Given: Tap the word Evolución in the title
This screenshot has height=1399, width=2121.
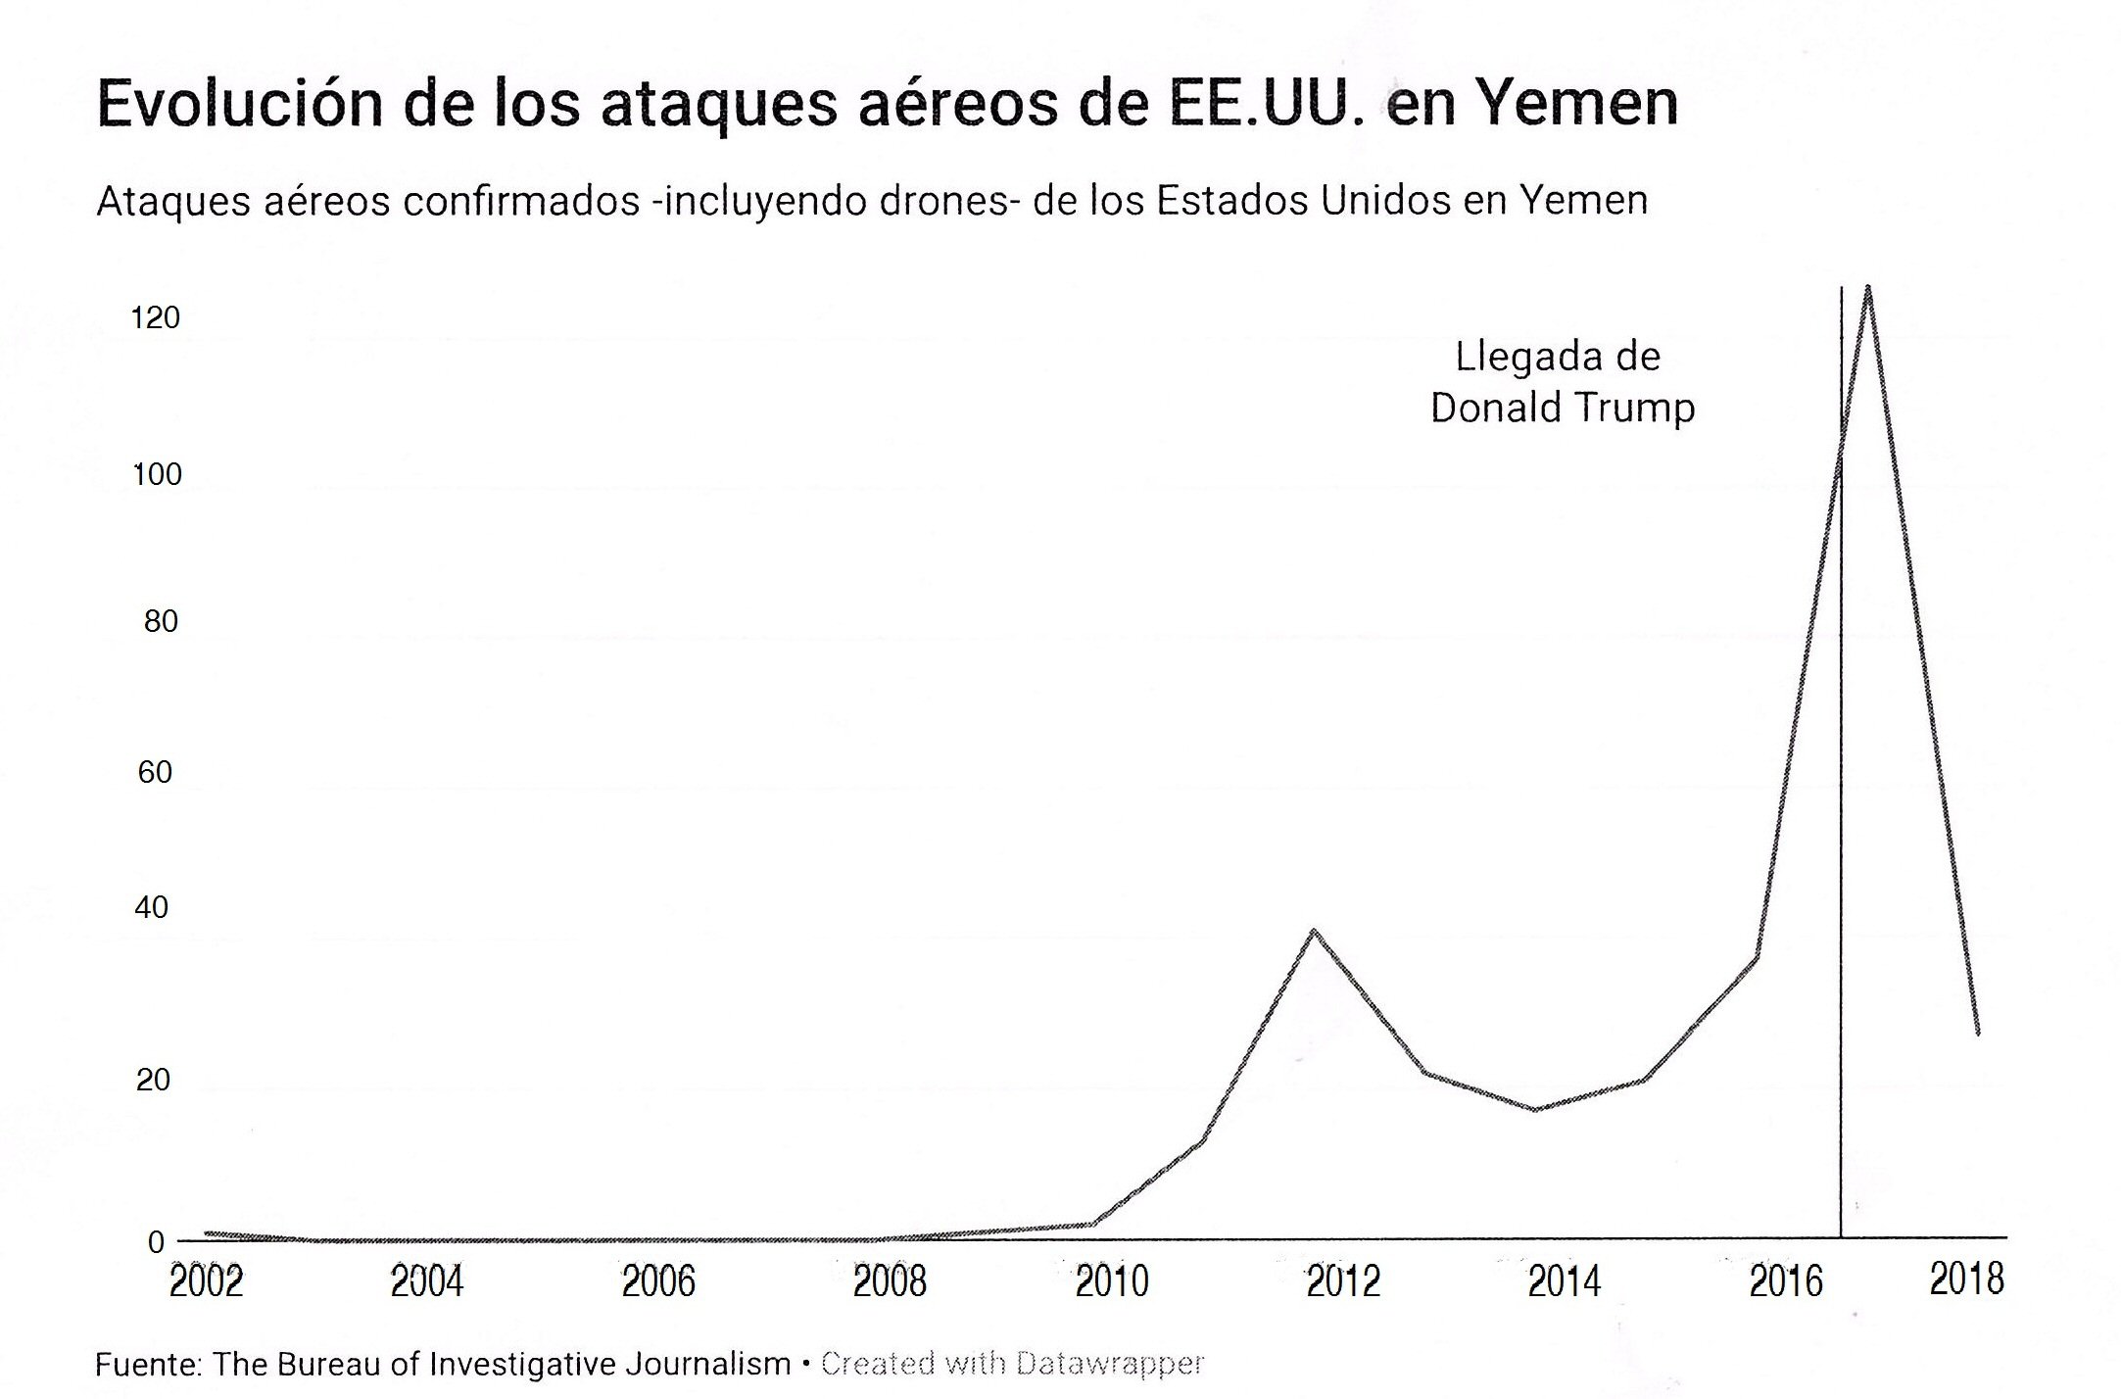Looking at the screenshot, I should pyautogui.click(x=234, y=104).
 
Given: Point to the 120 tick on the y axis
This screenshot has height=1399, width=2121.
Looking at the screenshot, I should pyautogui.click(x=156, y=317).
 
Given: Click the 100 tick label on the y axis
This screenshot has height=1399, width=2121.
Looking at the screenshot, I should pyautogui.click(x=157, y=475).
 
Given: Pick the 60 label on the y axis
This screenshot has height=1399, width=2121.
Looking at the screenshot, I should pyautogui.click(x=155, y=773).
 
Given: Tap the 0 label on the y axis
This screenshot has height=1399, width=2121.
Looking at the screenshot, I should pyautogui.click(x=156, y=1242).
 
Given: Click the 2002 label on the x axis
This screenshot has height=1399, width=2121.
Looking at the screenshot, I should pyautogui.click(x=206, y=1281).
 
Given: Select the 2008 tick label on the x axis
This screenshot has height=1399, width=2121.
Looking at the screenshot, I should pyautogui.click(x=890, y=1281).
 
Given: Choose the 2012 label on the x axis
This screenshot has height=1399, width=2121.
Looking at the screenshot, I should pyautogui.click(x=1343, y=1281).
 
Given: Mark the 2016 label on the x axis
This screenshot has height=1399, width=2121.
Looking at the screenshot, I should pyautogui.click(x=1786, y=1281).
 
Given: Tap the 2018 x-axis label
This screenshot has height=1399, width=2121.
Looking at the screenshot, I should pyautogui.click(x=1966, y=1279).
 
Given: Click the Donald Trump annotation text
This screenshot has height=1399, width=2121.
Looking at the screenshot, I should pyautogui.click(x=1562, y=408).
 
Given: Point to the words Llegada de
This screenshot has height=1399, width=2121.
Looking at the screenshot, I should pyautogui.click(x=1558, y=357).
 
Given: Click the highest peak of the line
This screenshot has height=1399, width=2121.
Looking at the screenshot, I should pyautogui.click(x=1868, y=288).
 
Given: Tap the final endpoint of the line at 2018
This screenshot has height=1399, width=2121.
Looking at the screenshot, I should pyautogui.click(x=1978, y=1033).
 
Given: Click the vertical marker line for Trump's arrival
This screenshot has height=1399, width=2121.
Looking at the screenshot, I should pyautogui.click(x=1841, y=784).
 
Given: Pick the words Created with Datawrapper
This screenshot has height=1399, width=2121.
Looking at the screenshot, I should pyautogui.click(x=1012, y=1364).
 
